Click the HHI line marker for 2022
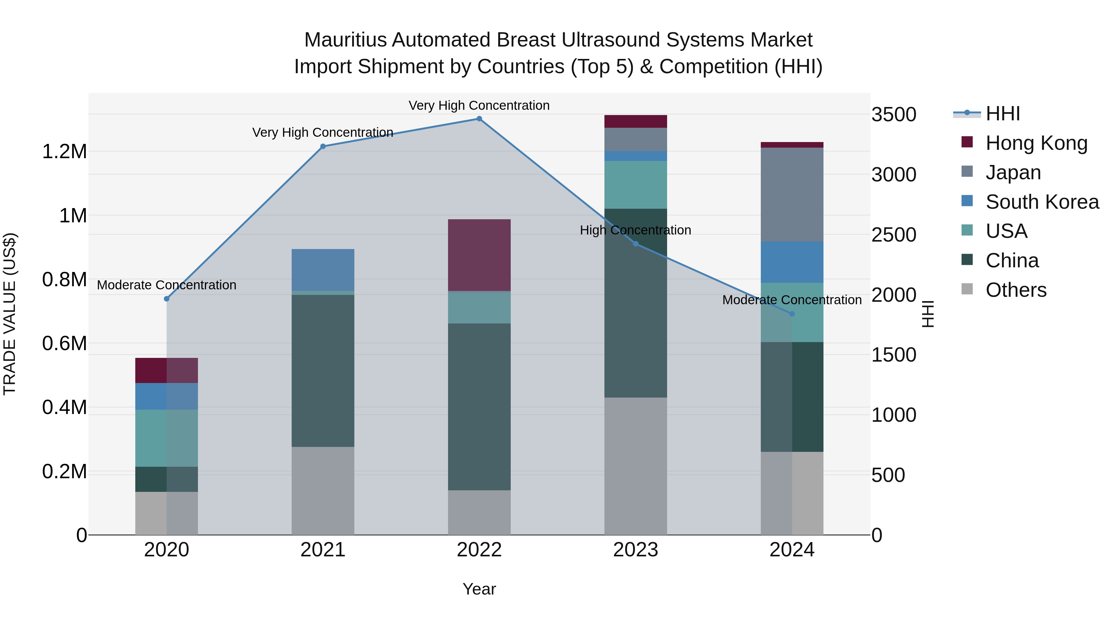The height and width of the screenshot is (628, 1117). point(479,119)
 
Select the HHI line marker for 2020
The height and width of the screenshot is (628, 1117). point(167,299)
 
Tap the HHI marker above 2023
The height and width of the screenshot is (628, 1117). point(636,244)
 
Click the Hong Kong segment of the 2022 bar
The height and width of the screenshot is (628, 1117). point(479,255)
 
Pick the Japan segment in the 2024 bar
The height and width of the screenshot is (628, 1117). point(792,194)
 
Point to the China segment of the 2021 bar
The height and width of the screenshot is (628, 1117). point(323,371)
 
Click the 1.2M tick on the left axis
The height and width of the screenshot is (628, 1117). point(64,152)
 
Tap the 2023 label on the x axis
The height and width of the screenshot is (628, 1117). point(636,550)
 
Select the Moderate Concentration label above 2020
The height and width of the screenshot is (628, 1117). point(167,285)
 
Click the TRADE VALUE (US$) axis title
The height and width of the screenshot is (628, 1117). point(10,314)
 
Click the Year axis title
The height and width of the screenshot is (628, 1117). point(479,589)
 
